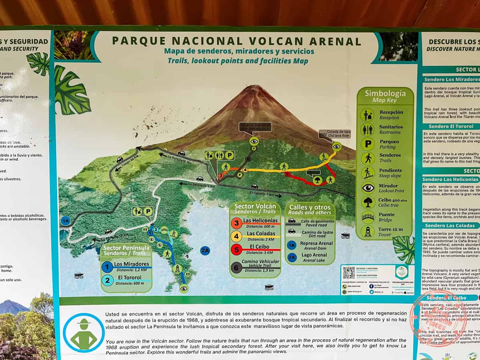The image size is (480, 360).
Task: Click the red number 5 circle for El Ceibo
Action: pyautogui.click(x=236, y=249)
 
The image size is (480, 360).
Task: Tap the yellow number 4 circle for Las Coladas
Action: pyautogui.click(x=236, y=236)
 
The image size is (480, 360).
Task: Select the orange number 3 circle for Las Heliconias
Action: pyautogui.click(x=236, y=223)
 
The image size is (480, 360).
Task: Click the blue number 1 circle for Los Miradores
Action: pyautogui.click(x=107, y=266)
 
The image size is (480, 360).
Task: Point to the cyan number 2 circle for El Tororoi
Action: pyautogui.click(x=107, y=280)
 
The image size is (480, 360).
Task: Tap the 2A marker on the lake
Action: pyautogui.click(x=205, y=251)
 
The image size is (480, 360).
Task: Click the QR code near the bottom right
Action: pyautogui.click(x=348, y=273)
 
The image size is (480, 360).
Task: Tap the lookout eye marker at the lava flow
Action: pyautogui.click(x=337, y=146)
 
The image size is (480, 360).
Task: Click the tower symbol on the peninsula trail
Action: pyautogui.click(x=177, y=269)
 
